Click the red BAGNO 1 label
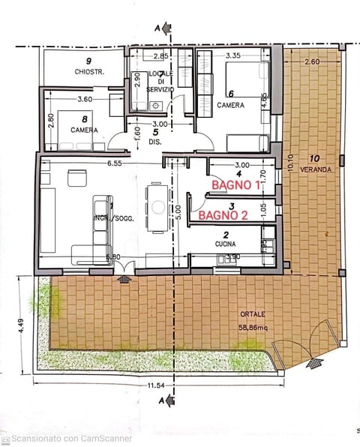point(235,184)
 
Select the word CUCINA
point(232,244)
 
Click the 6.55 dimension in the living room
point(114,163)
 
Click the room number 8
point(83,118)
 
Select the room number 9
point(88,61)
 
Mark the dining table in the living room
point(157,206)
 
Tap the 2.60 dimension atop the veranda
point(312,61)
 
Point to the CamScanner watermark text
point(71,439)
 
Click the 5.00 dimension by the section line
point(178,212)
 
